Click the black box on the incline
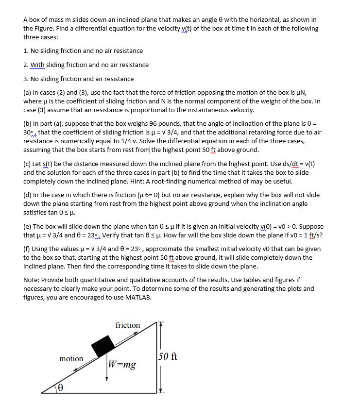[x=103, y=346]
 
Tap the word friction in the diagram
[x=128, y=325]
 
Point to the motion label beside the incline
[x=71, y=358]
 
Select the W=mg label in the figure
[x=122, y=364]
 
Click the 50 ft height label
[x=168, y=356]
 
